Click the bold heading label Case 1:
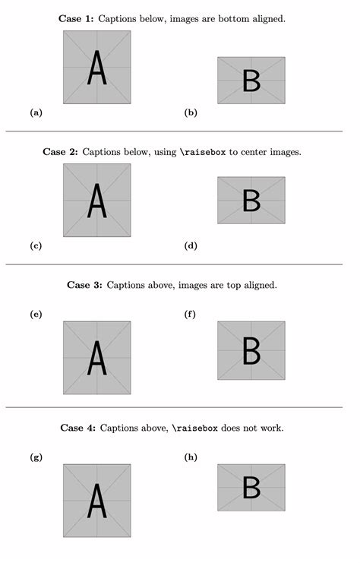[x=76, y=18]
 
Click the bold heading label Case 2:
[x=61, y=152]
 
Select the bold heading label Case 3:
[x=84, y=286]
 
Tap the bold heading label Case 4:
[x=77, y=429]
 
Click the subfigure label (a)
[x=36, y=112]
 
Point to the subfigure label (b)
[x=191, y=112]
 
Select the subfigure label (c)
[x=36, y=245]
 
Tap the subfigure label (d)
[x=191, y=245]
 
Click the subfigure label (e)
[x=36, y=314]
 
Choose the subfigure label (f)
[x=190, y=314]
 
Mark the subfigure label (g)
[x=36, y=457]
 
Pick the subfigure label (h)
[x=191, y=457]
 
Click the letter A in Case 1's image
[x=96, y=68]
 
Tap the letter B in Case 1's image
[x=251, y=81]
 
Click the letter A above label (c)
[x=96, y=201]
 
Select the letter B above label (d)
[x=251, y=201]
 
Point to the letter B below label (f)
[x=251, y=350]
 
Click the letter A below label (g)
[x=96, y=501]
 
